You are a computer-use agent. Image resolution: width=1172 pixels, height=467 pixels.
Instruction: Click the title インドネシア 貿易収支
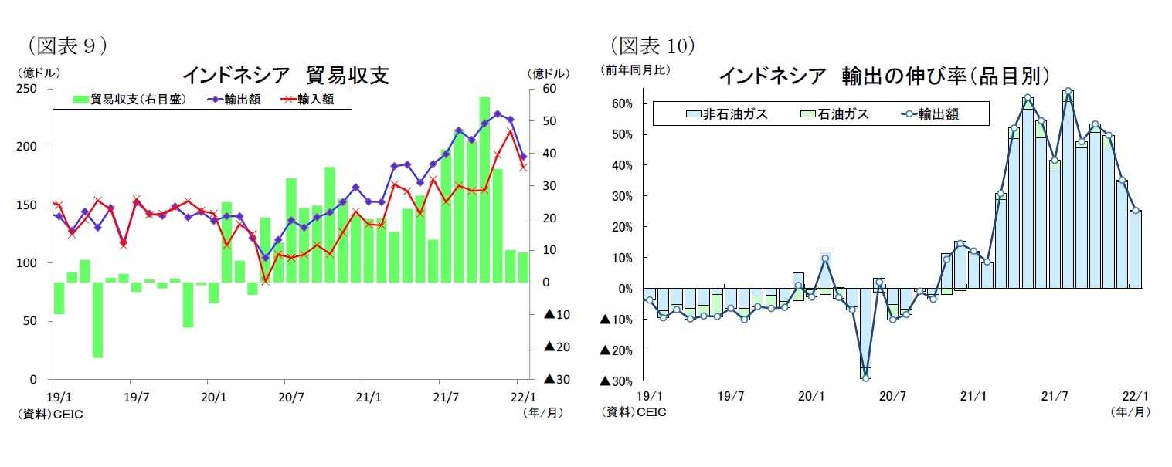coord(285,75)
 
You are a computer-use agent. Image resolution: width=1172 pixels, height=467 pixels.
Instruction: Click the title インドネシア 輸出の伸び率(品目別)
coord(884,75)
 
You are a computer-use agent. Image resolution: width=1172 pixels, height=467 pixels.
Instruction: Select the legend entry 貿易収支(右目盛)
coord(130,99)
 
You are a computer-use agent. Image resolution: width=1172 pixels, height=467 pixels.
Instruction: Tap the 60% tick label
coord(622,103)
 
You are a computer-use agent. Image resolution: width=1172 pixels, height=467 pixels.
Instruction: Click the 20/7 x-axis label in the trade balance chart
coord(285,396)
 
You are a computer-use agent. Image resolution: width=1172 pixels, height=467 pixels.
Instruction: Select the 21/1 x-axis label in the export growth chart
coord(972,396)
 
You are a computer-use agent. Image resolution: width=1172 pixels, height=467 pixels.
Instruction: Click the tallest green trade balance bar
coord(484,189)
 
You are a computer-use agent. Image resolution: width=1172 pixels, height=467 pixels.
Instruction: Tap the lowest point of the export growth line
coord(865,377)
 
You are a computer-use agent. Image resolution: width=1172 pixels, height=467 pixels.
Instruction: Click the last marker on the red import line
coord(523,166)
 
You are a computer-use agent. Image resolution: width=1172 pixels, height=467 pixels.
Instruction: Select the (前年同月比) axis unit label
coord(636,69)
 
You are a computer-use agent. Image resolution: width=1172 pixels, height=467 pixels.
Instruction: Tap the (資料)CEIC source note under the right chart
coord(634,412)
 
